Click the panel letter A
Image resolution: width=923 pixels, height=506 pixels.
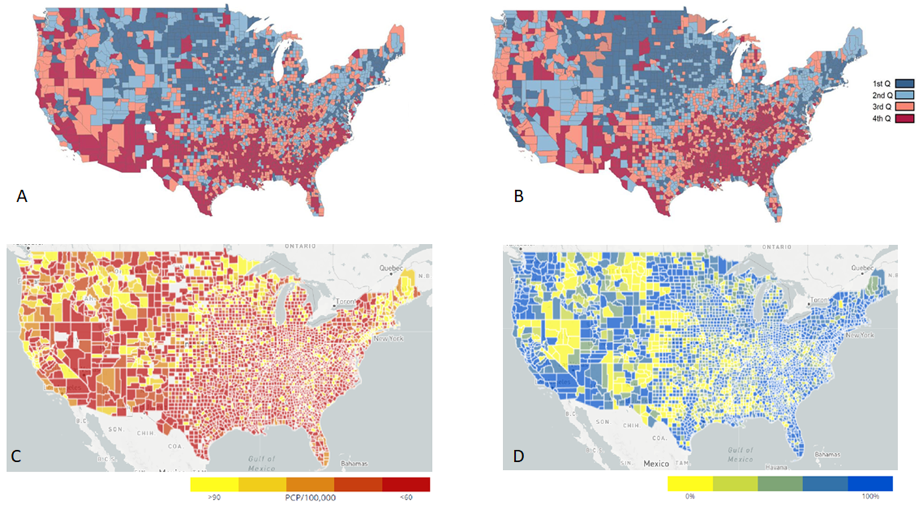pyautogui.click(x=22, y=196)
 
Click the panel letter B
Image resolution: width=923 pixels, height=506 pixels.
pyautogui.click(x=519, y=196)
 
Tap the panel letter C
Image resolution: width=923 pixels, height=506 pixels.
pyautogui.click(x=17, y=456)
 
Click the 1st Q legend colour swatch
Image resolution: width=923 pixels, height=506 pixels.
pyautogui.click(x=905, y=84)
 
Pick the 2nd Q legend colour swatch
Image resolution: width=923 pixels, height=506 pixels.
pyautogui.click(x=905, y=95)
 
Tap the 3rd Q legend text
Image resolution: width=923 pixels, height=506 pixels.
pyautogui.click(x=882, y=107)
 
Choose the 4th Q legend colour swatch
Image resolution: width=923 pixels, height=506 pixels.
pyautogui.click(x=905, y=119)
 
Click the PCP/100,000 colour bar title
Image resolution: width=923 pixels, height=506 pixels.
pyautogui.click(x=310, y=498)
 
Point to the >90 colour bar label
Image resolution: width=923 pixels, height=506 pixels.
pyautogui.click(x=214, y=498)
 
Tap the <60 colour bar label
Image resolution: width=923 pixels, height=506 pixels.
pyautogui.click(x=406, y=498)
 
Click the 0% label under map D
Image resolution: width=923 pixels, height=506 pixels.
pyautogui.click(x=690, y=497)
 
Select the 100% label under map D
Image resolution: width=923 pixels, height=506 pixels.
pyautogui.click(x=870, y=497)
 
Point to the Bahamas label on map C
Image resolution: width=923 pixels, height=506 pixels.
pyautogui.click(x=353, y=463)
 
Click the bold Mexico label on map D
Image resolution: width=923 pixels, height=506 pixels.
pyautogui.click(x=656, y=463)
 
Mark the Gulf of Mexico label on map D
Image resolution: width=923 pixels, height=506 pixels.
pyautogui.click(x=740, y=455)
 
